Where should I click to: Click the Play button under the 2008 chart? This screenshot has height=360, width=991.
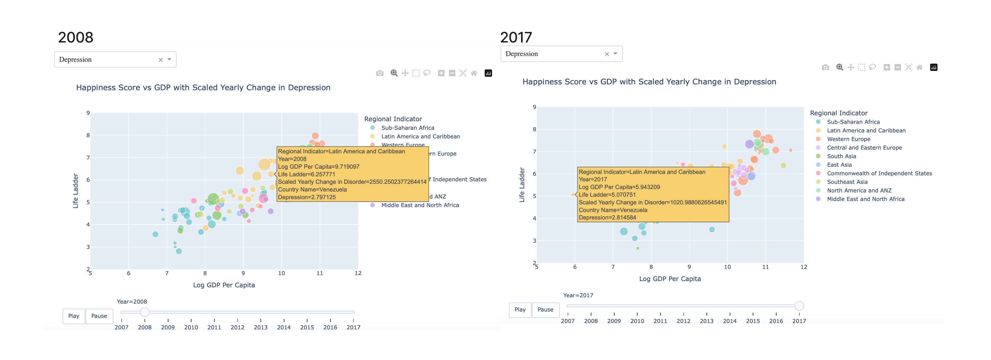tap(73, 316)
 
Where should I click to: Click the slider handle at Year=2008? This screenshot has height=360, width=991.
tap(145, 312)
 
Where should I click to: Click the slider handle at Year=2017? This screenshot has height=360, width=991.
tap(799, 306)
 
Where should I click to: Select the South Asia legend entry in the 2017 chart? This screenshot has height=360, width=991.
tap(841, 156)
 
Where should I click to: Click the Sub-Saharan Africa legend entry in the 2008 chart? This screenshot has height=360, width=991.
tap(407, 128)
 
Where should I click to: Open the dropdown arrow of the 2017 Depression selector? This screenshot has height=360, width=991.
tap(615, 54)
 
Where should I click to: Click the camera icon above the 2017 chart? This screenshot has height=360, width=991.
tap(825, 67)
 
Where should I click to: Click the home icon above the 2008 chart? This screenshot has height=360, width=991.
tap(474, 73)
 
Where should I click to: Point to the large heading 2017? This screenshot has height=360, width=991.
tap(516, 37)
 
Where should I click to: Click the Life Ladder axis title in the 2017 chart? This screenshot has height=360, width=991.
tap(522, 185)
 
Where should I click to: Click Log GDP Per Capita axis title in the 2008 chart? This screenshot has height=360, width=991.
tap(224, 285)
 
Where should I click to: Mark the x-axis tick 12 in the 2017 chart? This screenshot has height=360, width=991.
tap(804, 267)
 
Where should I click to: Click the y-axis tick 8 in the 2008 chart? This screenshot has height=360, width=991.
tap(88, 135)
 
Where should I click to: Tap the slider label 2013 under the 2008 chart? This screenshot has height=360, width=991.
tap(260, 327)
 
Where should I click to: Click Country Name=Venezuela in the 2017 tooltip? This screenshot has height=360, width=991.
tap(613, 210)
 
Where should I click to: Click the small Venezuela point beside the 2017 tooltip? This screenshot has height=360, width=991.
tap(572, 195)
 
